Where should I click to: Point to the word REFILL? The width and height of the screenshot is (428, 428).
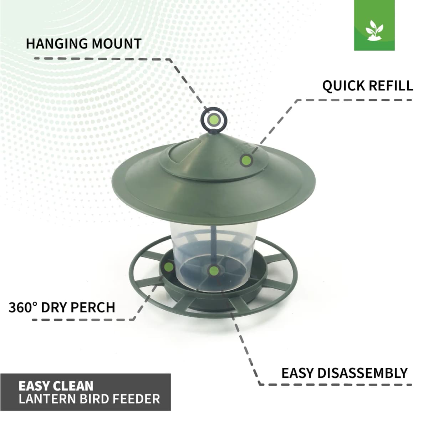click(391, 86)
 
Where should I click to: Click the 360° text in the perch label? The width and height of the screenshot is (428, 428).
click(23, 307)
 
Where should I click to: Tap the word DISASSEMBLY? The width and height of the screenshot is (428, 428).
click(362, 373)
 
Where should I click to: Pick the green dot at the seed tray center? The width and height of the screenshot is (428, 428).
click(213, 271)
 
